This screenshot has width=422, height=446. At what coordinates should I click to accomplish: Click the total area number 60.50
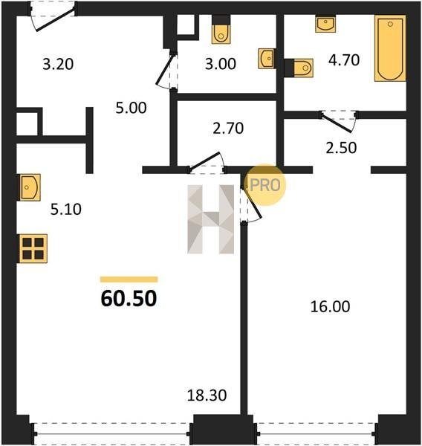click(x=129, y=298)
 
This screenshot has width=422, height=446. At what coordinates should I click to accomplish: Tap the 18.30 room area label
click(x=207, y=395)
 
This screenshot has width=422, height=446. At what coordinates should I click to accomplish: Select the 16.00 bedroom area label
click(x=330, y=306)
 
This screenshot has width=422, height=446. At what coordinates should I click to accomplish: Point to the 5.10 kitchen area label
click(x=66, y=210)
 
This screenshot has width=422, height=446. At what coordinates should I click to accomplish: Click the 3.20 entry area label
click(x=58, y=64)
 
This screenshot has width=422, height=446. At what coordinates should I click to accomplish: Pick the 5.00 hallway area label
click(x=131, y=108)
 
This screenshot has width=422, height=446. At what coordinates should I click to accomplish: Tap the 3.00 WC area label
click(x=221, y=64)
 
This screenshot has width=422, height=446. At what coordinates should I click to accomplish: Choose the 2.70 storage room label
click(x=228, y=129)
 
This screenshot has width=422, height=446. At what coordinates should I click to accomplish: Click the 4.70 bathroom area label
click(x=344, y=60)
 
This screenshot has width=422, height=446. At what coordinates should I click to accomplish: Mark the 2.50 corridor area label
click(x=341, y=148)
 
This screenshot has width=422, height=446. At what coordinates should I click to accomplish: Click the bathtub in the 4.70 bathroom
click(x=390, y=48)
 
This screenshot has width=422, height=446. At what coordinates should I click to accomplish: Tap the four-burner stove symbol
click(x=33, y=248)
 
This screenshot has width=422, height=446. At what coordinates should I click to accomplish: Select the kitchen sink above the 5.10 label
click(x=30, y=187)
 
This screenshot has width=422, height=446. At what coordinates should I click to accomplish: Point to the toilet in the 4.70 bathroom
click(x=299, y=68)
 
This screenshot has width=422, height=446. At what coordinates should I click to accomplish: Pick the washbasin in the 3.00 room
click(x=267, y=59)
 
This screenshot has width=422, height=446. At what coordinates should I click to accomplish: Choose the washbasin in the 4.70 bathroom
click(x=325, y=25)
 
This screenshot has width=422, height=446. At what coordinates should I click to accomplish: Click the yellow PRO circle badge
click(x=264, y=185)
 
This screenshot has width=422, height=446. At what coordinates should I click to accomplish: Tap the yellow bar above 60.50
click(x=129, y=279)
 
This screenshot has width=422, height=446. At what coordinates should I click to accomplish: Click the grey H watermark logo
click(x=211, y=219)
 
